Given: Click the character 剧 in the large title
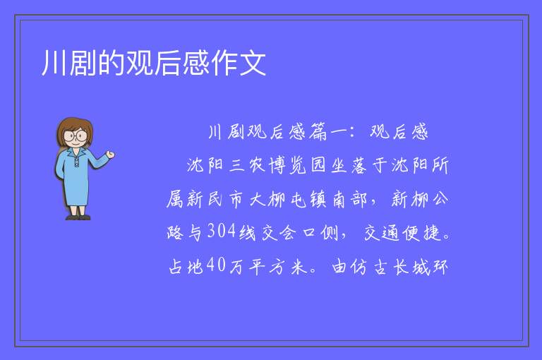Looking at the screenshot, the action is coord(83,63).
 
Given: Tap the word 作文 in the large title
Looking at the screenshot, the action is coord(239,63).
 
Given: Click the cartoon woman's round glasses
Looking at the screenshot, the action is coord(76,136).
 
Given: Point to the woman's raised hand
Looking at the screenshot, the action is coord(110,155).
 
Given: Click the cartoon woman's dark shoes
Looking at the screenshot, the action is coord(78,217).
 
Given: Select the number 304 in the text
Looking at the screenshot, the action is coord(222,231).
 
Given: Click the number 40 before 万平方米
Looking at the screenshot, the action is coord(217,265).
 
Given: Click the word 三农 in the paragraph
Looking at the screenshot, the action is coord(247,165).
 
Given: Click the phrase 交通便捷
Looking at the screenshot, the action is coord(402,232).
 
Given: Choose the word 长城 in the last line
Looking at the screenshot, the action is coord(411,267).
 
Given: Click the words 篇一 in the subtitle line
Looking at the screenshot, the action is coord(327,132).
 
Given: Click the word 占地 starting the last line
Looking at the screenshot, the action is coord(186,267).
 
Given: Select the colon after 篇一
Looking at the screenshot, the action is coord(352,132).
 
